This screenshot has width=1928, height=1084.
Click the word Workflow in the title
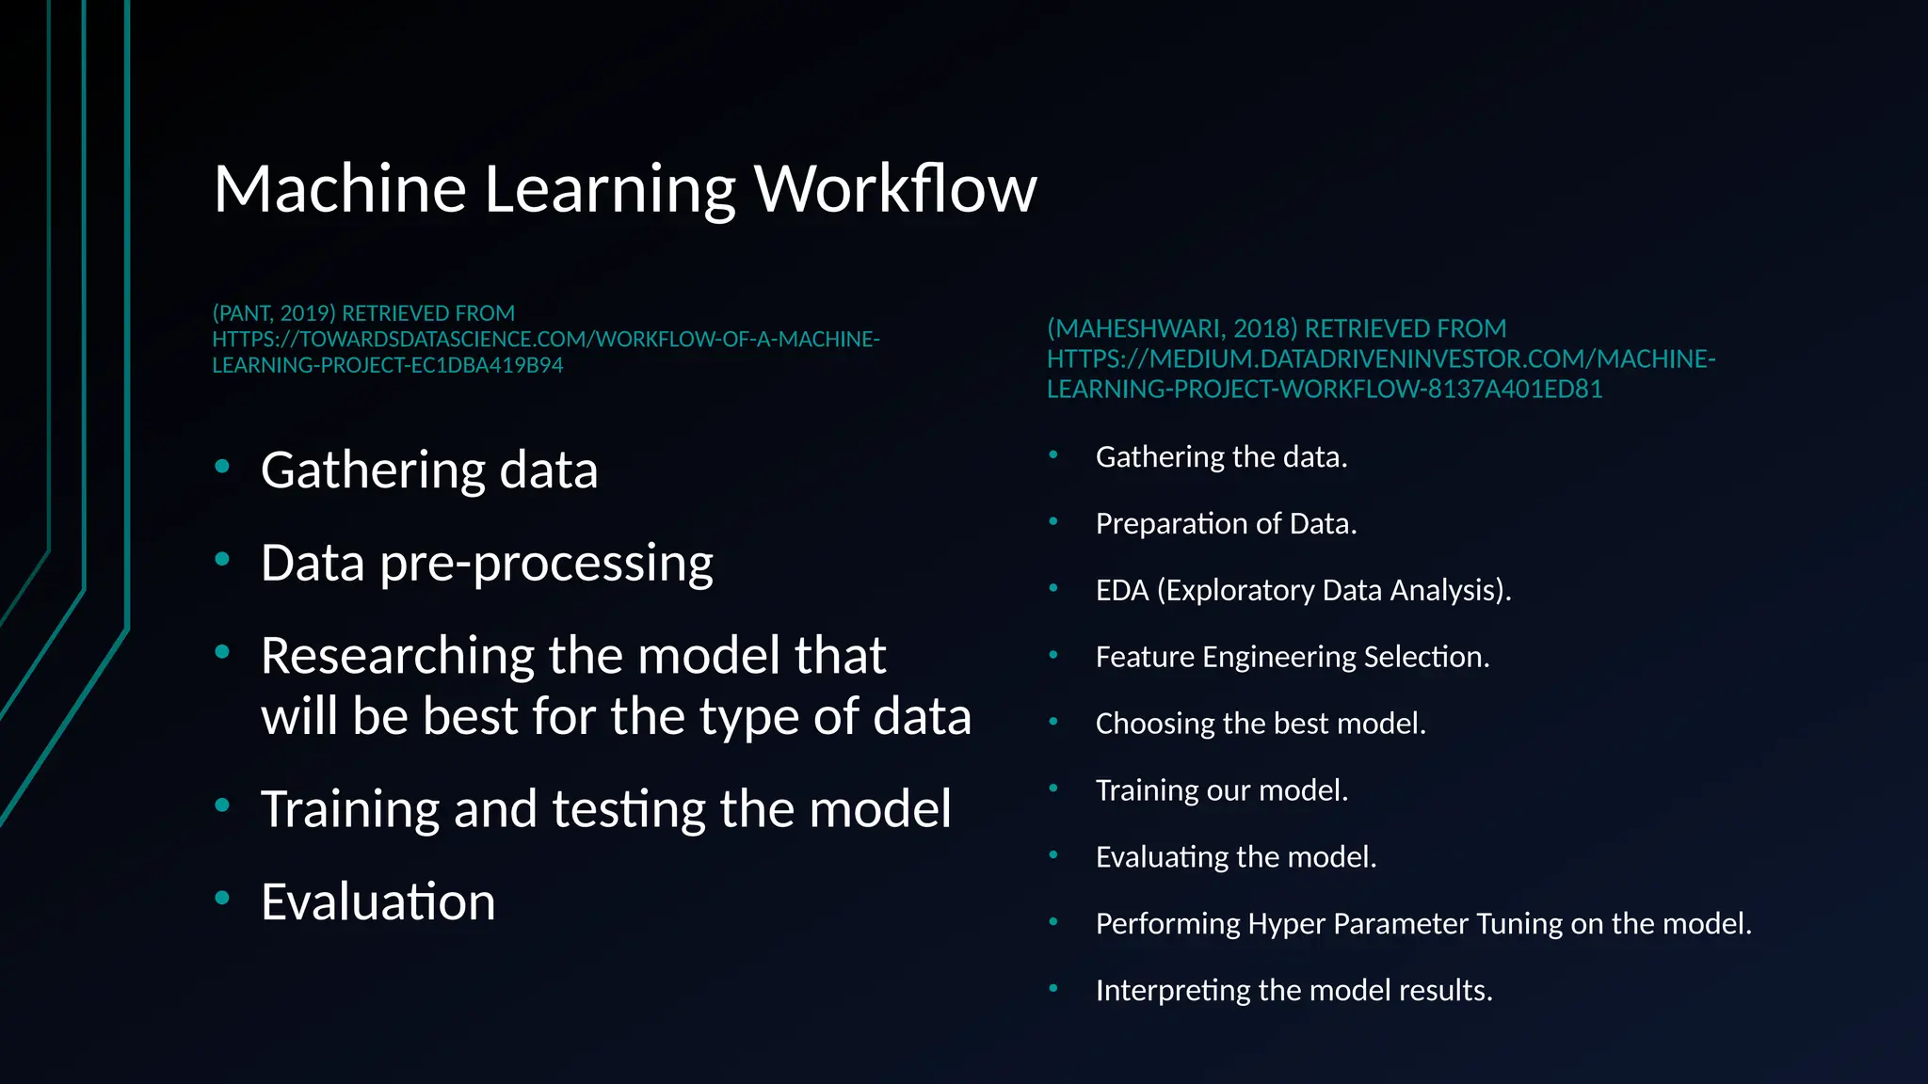(x=895, y=188)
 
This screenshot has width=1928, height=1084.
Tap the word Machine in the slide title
(x=340, y=188)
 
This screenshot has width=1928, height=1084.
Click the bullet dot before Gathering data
(x=222, y=467)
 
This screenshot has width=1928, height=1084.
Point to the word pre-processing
(x=546, y=564)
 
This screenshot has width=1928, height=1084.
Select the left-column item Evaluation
(x=378, y=901)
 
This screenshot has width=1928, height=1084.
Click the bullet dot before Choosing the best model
(x=1053, y=722)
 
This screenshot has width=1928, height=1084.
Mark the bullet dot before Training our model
(x=1053, y=789)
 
